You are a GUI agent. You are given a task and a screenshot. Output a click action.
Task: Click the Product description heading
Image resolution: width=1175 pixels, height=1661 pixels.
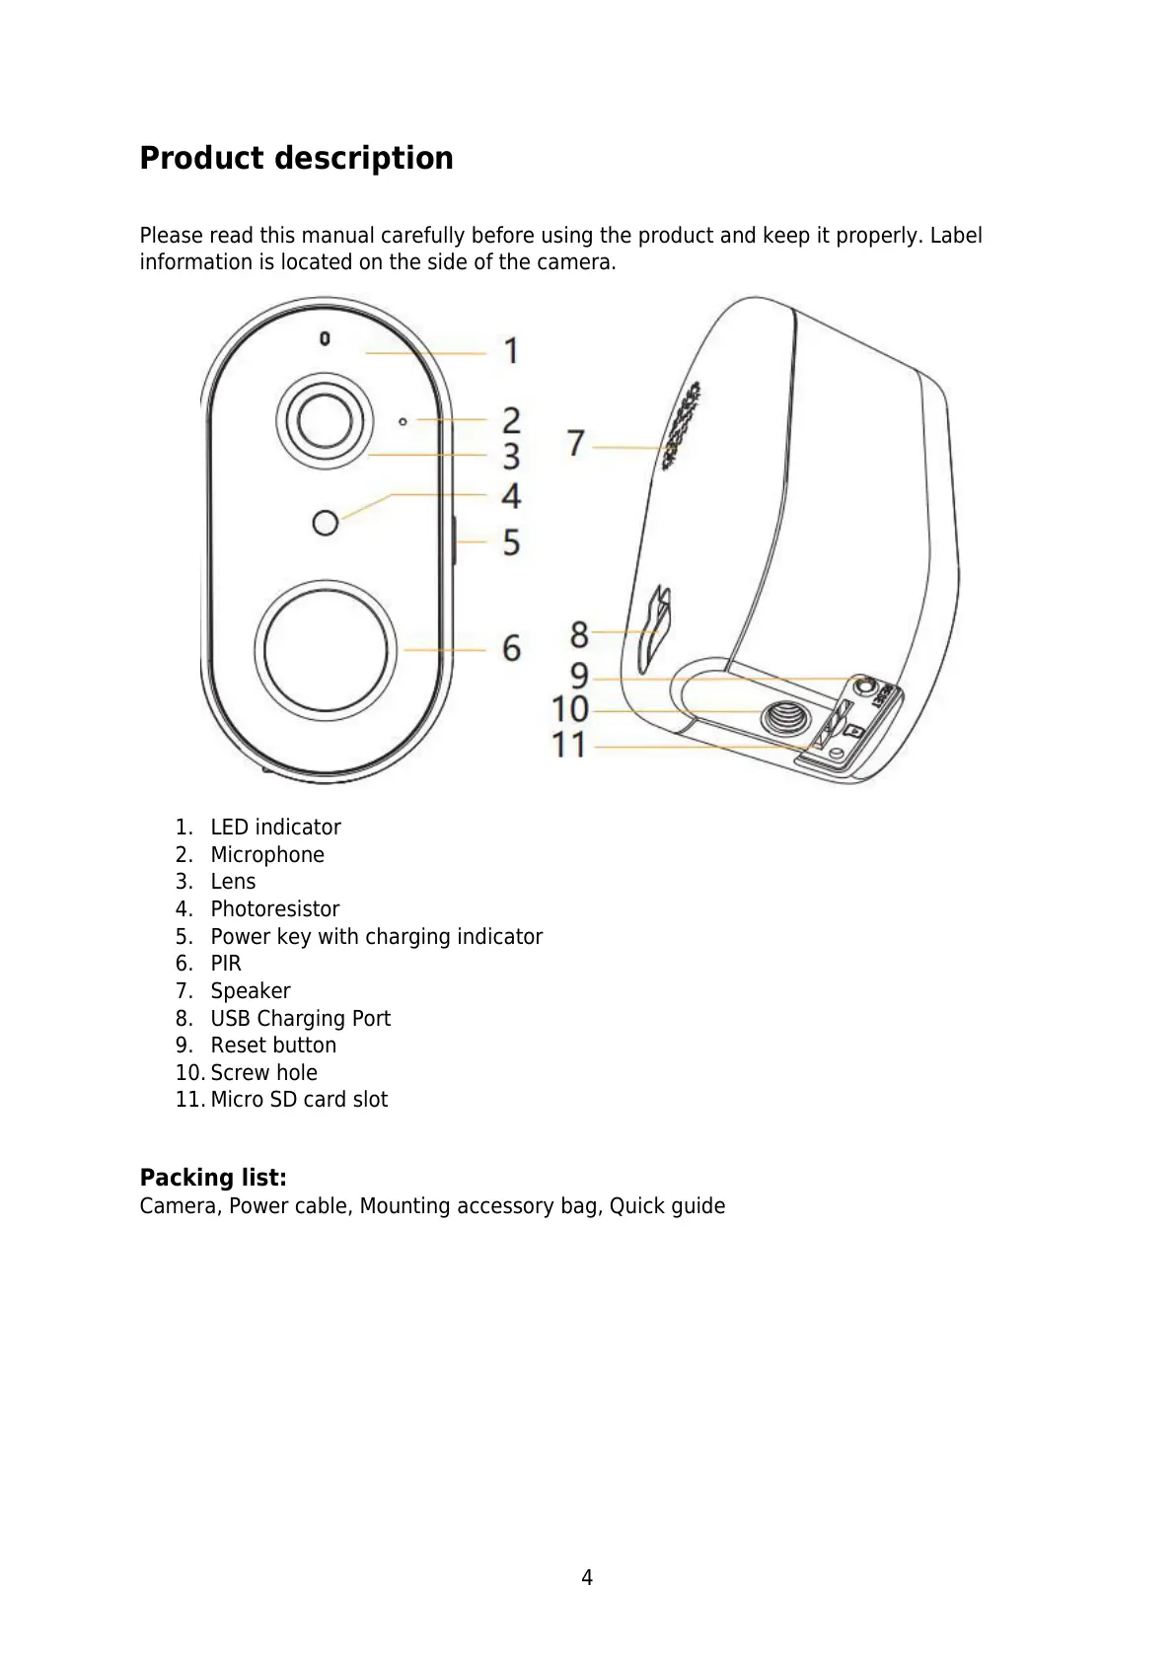coord(296,158)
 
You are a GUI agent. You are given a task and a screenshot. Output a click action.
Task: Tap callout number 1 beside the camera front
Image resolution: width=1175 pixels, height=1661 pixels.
coord(511,351)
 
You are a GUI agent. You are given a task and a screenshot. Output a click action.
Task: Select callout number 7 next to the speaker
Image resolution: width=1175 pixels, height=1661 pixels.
coord(576,443)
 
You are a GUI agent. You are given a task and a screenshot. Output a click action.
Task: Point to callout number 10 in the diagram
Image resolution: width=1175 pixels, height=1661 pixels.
coord(570,709)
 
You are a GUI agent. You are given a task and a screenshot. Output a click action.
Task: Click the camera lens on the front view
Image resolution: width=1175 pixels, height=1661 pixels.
coord(325,419)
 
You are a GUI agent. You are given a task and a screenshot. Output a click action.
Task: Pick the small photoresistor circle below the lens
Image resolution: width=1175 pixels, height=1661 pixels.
coord(325,522)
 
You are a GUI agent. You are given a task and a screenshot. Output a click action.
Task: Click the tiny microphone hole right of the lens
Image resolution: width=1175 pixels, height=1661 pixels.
coord(403,421)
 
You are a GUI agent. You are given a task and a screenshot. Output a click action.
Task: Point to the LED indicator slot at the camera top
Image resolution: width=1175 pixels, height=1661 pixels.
coord(325,339)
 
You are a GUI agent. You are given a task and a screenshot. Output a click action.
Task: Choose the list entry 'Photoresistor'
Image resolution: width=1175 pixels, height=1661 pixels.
coord(274,909)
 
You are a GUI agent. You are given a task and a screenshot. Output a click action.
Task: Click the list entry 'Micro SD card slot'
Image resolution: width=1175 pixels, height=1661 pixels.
coord(299,1100)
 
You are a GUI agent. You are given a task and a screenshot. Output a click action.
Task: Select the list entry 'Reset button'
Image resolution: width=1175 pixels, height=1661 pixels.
coord(273,1046)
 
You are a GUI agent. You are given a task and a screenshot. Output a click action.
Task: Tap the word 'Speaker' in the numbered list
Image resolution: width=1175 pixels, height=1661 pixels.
coord(251,991)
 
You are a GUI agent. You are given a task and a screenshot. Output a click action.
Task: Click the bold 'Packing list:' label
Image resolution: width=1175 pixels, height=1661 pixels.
coord(213,1178)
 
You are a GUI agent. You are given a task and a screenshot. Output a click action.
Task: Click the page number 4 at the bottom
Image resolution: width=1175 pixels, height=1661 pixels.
coord(587,1578)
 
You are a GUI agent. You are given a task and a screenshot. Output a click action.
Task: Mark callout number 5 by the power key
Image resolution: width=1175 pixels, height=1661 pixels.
coord(511,542)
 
